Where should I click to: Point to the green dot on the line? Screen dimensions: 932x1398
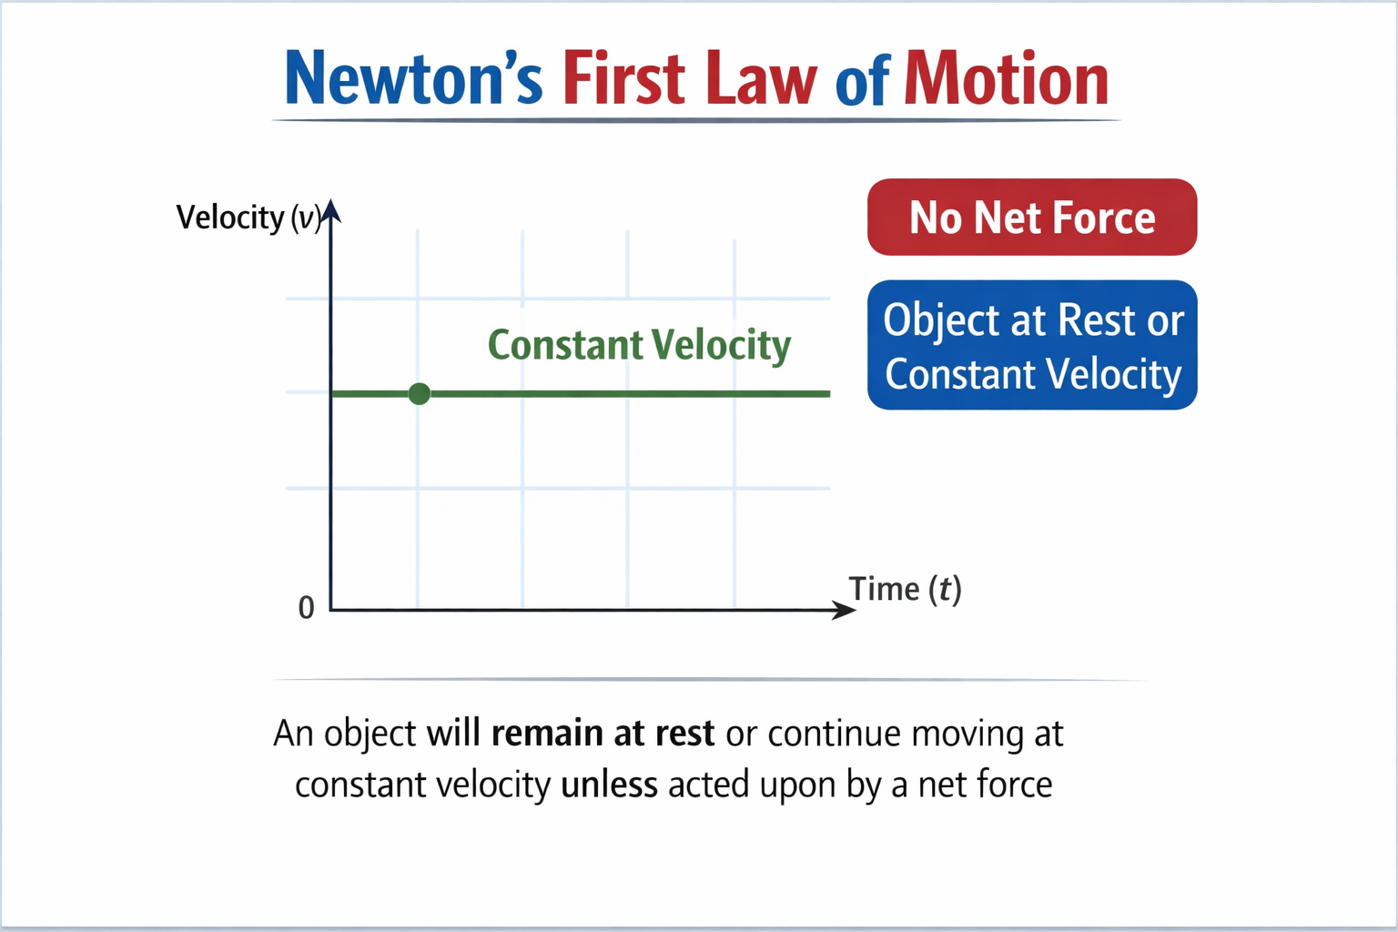[419, 393]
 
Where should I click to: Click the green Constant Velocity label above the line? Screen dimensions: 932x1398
[639, 346]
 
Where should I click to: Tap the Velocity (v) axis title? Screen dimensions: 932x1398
[247, 218]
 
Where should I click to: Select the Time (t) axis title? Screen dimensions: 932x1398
[905, 590]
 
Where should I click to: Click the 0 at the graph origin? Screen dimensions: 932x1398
[307, 608]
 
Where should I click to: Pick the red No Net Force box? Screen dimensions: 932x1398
[1031, 218]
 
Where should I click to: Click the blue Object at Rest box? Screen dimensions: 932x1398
[1031, 346]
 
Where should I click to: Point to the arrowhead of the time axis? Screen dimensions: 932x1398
[846, 610]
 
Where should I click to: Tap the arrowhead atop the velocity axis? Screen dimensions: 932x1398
[331, 211]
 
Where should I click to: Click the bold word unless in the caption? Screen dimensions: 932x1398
[609, 785]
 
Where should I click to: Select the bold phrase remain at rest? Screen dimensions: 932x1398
[603, 734]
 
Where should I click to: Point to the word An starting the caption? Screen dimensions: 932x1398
[293, 734]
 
